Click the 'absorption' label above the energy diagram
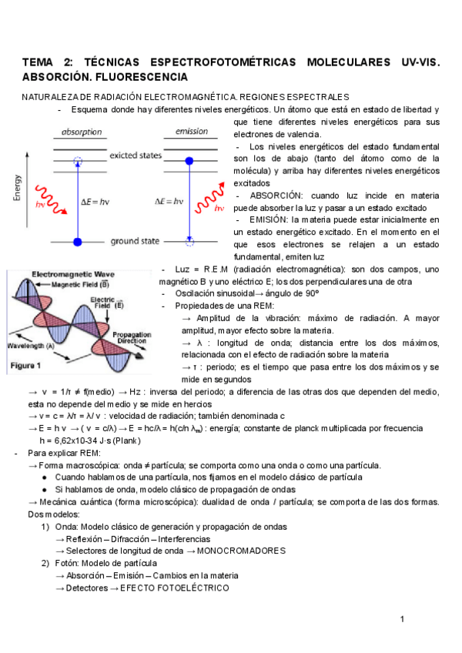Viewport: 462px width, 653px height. click(x=82, y=132)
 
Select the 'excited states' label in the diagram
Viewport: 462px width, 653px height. click(x=136, y=156)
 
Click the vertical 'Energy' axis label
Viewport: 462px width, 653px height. click(x=17, y=186)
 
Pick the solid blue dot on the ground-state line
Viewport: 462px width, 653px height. click(x=76, y=243)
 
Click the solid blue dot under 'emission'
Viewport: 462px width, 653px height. click(x=189, y=161)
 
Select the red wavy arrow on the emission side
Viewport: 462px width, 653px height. click(x=209, y=197)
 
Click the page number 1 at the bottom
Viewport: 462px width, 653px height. click(x=402, y=619)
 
